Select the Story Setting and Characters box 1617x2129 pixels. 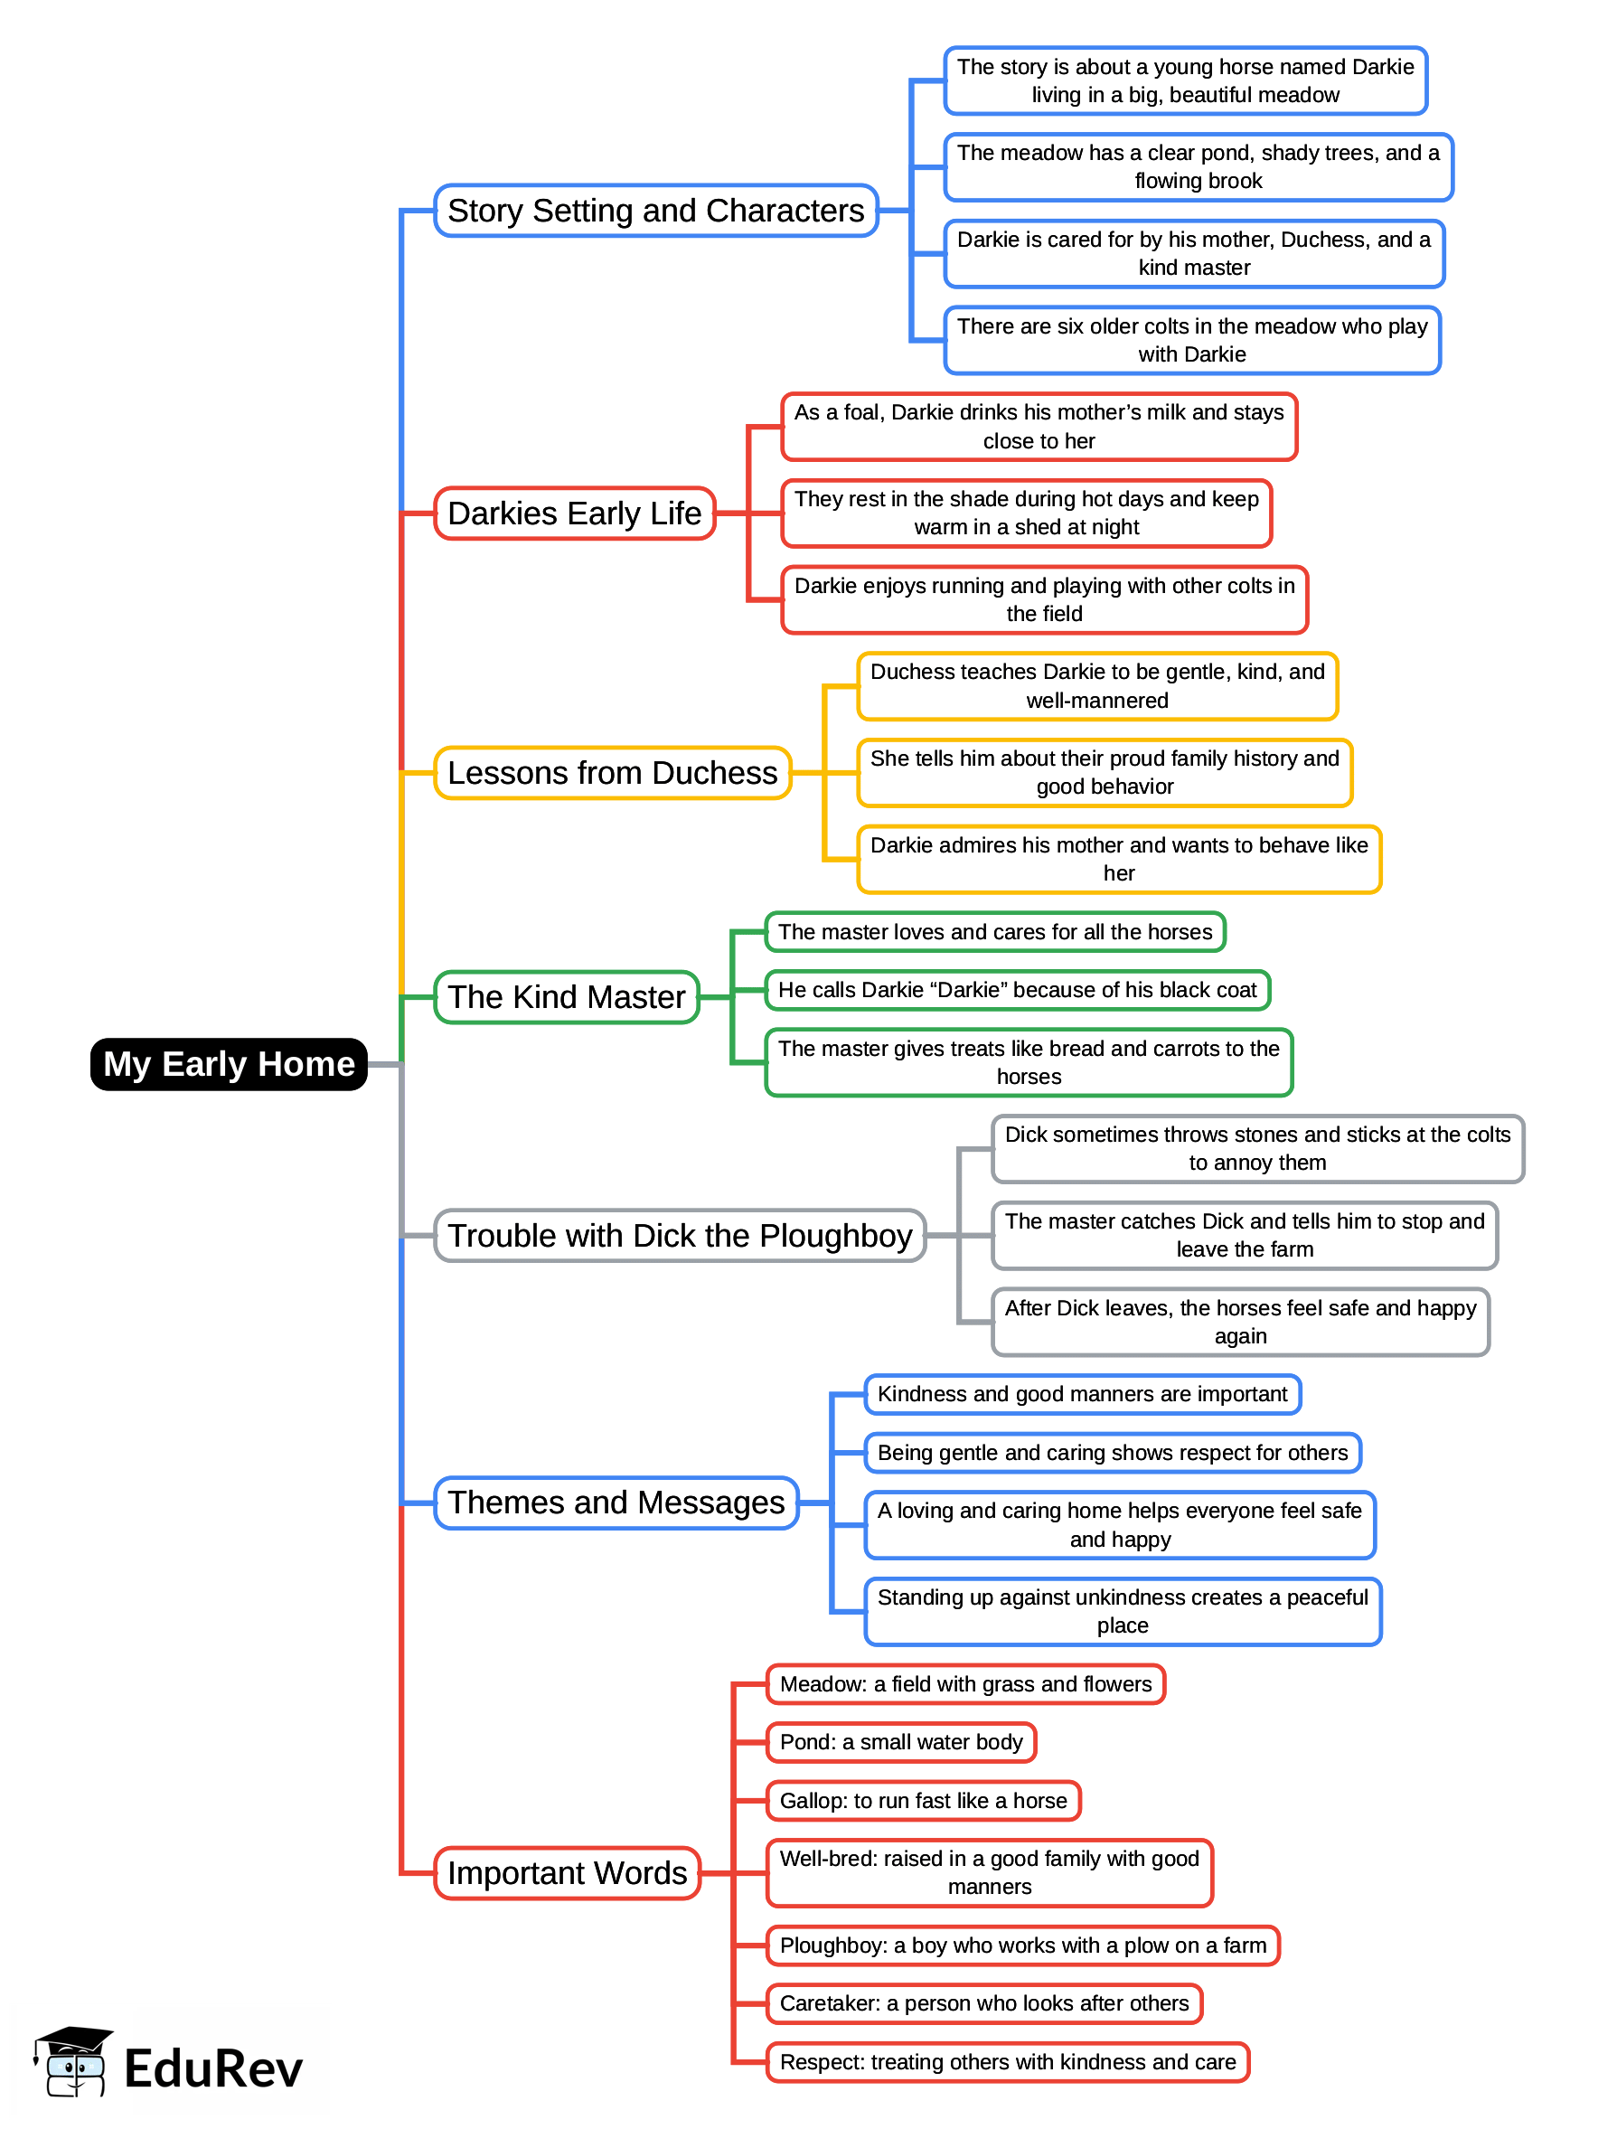pyautogui.click(x=655, y=211)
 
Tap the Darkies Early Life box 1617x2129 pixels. pyautogui.click(x=575, y=513)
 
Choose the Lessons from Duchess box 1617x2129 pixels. pyautogui.click(x=612, y=773)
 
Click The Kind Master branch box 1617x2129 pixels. pyautogui.click(x=567, y=997)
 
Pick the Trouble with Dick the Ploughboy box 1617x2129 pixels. pyautogui.click(x=680, y=1236)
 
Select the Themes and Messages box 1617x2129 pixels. pyautogui.click(x=616, y=1503)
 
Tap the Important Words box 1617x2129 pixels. pyautogui.click(x=567, y=1873)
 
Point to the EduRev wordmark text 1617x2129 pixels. pyautogui.click(x=213, y=2069)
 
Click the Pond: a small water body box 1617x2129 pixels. pyautogui.click(x=901, y=1742)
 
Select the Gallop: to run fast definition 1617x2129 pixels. pyautogui.click(x=923, y=1801)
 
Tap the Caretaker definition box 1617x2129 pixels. pyautogui.click(x=983, y=2003)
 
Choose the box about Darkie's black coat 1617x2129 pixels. pyautogui.click(x=1018, y=991)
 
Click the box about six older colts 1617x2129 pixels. pyautogui.click(x=1191, y=341)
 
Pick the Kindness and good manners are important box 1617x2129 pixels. pyautogui.click(x=1082, y=1395)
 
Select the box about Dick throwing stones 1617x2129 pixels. pyautogui.click(x=1257, y=1148)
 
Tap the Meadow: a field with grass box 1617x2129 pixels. pyautogui.click(x=965, y=1684)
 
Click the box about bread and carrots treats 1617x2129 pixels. pyautogui.click(x=1028, y=1062)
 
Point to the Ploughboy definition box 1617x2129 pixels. pyautogui.click(x=1022, y=1945)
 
